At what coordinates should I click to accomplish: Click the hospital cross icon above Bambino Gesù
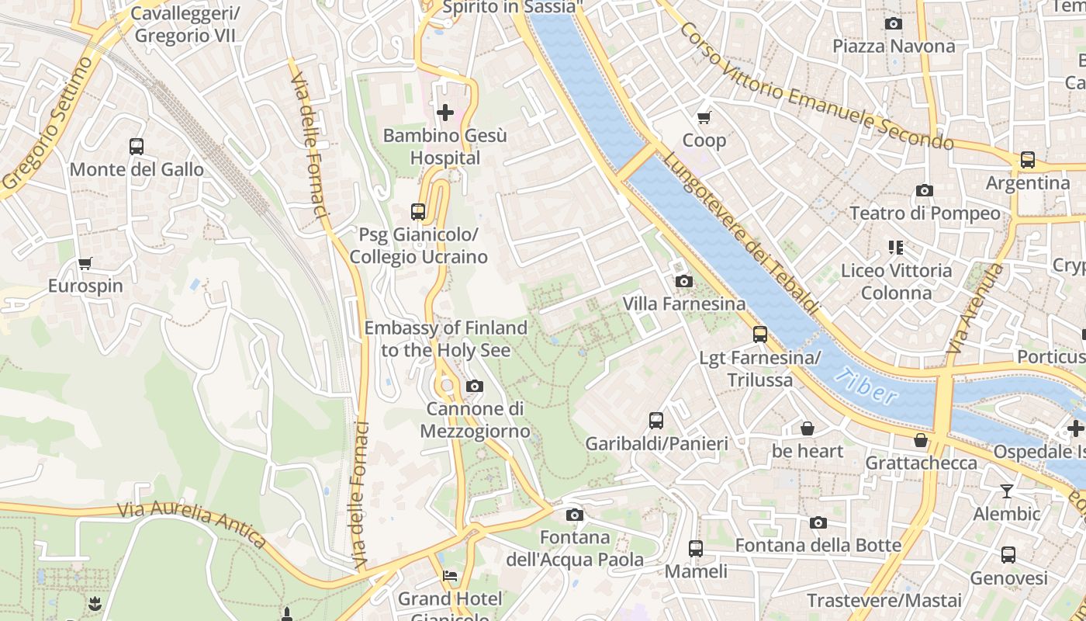pos(445,113)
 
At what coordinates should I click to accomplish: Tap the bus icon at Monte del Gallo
pos(137,146)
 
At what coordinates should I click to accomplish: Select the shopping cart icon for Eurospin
pos(85,263)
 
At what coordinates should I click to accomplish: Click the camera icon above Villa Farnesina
pos(683,281)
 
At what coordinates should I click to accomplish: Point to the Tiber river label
pos(867,386)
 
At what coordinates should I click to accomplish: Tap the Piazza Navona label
pos(894,47)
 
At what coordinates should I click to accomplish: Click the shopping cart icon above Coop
pos(704,117)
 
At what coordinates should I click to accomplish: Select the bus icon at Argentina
pos(1028,160)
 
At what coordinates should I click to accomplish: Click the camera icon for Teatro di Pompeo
pos(924,190)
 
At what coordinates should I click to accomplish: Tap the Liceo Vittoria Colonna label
pos(897,282)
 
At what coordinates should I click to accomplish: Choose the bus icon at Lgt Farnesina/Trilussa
pos(760,335)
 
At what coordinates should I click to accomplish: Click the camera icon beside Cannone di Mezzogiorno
pos(475,386)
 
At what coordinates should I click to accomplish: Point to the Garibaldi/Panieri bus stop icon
pos(656,421)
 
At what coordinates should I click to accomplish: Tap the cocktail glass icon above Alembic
pos(1007,491)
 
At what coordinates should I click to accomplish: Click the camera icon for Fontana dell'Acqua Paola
pos(574,515)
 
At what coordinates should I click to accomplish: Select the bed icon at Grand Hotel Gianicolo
pos(449,576)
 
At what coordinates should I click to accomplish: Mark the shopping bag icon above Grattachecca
pos(921,440)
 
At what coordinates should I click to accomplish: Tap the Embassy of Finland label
pos(446,339)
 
